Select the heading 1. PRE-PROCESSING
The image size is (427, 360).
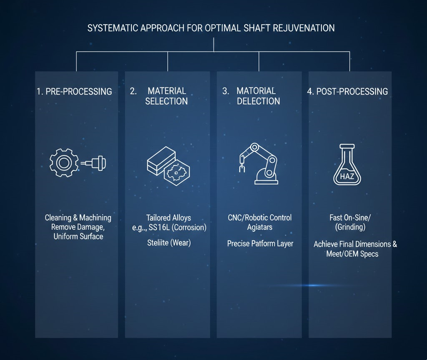74,91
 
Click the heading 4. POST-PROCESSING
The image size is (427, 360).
347,91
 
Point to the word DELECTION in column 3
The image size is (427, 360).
259,101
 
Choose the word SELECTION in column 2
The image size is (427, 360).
166,101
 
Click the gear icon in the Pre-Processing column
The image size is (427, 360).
64,163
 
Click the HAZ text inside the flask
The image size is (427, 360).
347,176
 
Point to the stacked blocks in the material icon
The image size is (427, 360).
161,160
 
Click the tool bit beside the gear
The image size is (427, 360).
93,163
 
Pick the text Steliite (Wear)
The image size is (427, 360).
169,243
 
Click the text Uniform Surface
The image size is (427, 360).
78,236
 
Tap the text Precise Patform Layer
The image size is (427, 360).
260,243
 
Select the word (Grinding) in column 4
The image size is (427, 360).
350,227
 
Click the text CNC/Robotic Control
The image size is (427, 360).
259,217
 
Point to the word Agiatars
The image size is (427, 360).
259,227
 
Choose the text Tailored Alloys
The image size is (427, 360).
168,217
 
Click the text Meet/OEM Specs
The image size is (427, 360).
352,254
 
